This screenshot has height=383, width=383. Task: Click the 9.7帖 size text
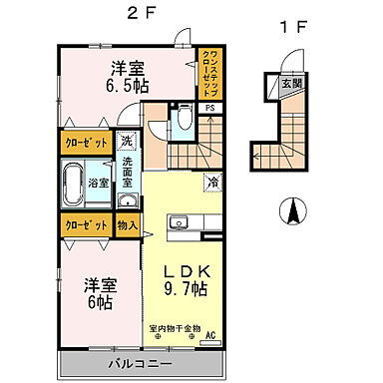[186, 290]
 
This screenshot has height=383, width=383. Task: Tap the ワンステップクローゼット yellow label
[210, 71]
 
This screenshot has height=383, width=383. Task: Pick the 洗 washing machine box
[128, 141]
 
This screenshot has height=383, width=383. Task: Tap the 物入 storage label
[128, 225]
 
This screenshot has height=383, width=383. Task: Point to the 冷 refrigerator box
[212, 182]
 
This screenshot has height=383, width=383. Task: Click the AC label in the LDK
[209, 336]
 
